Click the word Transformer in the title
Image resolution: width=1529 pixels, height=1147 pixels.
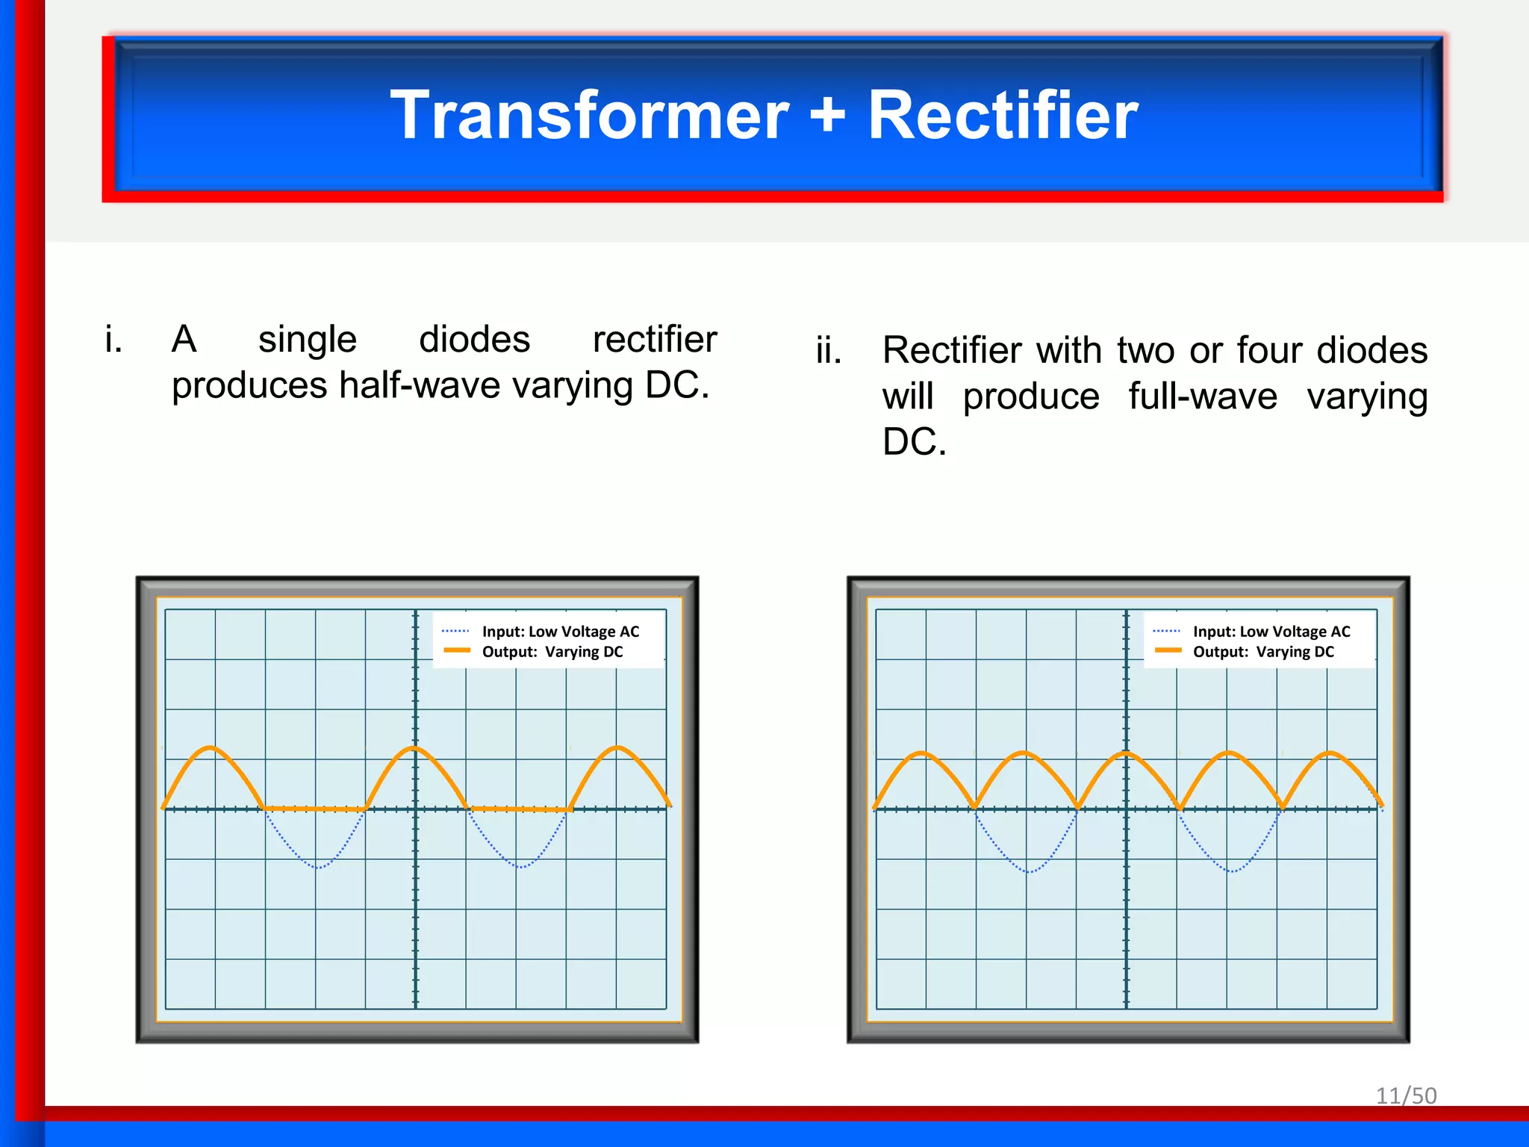point(589,116)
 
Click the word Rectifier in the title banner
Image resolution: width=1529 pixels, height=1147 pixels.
point(1002,116)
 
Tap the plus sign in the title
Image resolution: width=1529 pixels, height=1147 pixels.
point(827,116)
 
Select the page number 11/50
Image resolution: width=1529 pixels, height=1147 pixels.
point(1406,1095)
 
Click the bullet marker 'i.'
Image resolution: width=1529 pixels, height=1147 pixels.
point(113,340)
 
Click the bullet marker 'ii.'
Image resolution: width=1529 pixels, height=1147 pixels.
point(828,350)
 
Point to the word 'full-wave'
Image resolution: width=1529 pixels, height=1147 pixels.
point(1202,396)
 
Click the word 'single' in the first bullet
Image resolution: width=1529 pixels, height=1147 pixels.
point(307,340)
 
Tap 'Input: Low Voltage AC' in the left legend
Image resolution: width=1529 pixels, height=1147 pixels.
point(560,632)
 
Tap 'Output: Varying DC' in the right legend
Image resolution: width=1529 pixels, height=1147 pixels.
point(1262,652)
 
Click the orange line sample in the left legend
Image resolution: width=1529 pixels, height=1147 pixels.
point(456,651)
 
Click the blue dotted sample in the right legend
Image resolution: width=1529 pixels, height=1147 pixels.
point(1166,632)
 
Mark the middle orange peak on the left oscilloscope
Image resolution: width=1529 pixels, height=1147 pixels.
point(414,748)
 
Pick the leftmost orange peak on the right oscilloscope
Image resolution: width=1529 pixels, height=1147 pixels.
point(924,753)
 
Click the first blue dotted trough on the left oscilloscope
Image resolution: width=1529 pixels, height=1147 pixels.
point(317,867)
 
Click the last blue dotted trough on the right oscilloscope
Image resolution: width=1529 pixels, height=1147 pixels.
point(1232,871)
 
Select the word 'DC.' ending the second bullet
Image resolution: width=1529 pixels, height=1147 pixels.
point(914,442)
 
